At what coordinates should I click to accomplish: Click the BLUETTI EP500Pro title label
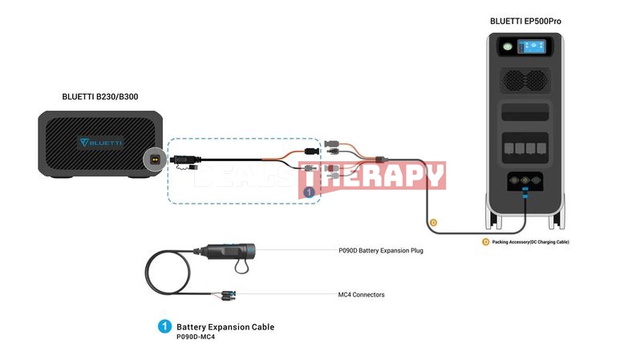click(x=525, y=21)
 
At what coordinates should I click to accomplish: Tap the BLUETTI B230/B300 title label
click(x=100, y=97)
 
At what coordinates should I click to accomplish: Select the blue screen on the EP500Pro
click(x=532, y=47)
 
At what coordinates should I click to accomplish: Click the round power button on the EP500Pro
click(x=508, y=47)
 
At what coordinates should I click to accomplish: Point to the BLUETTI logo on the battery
click(x=101, y=143)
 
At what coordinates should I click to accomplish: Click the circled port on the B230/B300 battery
click(x=155, y=160)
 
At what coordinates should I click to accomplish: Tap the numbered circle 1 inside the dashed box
click(x=309, y=192)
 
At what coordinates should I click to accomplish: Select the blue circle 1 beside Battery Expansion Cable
click(x=164, y=326)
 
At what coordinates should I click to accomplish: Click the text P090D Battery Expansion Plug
click(x=381, y=250)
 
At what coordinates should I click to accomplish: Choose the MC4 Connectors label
click(x=361, y=294)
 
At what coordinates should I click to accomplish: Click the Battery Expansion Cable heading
click(x=225, y=327)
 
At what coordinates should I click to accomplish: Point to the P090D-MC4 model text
click(x=196, y=337)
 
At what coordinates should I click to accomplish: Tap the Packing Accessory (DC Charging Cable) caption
click(x=530, y=242)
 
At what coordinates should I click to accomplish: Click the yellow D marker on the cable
click(x=433, y=222)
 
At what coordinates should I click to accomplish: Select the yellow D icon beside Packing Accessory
click(x=486, y=242)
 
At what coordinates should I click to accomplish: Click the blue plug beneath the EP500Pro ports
click(x=525, y=192)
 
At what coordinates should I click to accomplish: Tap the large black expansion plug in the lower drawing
click(x=229, y=251)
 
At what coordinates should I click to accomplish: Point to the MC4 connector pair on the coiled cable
click(x=228, y=295)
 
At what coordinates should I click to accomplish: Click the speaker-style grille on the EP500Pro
click(x=525, y=81)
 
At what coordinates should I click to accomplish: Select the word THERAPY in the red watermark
click(x=372, y=176)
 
